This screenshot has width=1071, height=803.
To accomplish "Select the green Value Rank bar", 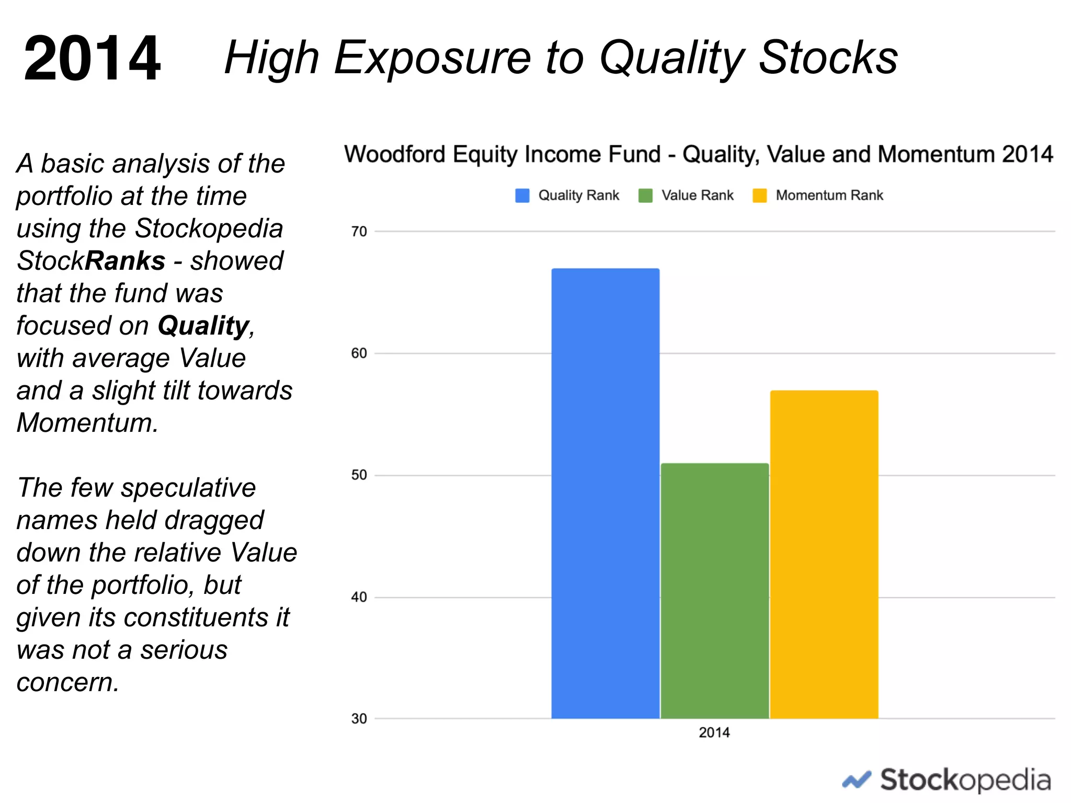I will click(x=714, y=591).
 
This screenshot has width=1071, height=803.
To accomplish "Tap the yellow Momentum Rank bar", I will click(x=824, y=554).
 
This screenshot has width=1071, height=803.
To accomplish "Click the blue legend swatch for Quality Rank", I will click(x=522, y=196).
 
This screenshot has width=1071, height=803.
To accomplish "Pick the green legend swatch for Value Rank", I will click(x=645, y=196).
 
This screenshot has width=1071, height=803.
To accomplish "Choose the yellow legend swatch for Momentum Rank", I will click(x=759, y=196).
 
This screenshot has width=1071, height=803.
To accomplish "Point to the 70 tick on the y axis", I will click(x=359, y=232).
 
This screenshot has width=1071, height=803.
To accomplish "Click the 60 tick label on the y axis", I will click(x=359, y=353).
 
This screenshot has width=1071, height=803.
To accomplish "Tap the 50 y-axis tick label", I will click(x=359, y=475).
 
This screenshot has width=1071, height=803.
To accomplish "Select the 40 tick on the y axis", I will click(x=359, y=597).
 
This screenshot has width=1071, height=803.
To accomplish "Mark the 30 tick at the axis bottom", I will click(x=359, y=719).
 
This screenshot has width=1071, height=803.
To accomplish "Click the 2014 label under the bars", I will click(x=714, y=732).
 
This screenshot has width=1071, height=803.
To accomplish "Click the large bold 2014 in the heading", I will click(x=92, y=58).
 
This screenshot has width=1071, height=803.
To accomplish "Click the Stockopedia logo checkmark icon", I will click(x=856, y=780).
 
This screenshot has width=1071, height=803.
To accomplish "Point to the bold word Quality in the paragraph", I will click(x=203, y=326).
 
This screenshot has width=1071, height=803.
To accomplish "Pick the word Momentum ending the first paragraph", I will click(x=86, y=423).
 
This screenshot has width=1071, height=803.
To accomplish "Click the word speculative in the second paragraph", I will click(x=188, y=488).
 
